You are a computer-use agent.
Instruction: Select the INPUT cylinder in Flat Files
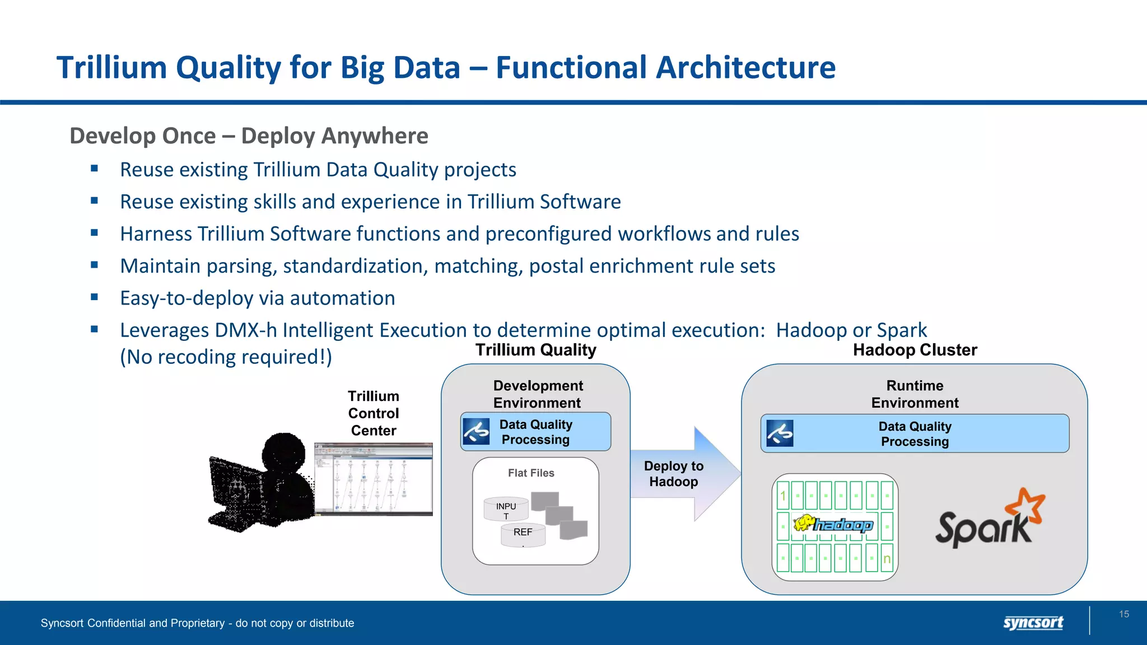coord(506,509)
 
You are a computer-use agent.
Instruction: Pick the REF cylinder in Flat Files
coord(523,534)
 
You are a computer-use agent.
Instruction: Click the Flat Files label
coord(531,473)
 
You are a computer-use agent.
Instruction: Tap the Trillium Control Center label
coord(374,413)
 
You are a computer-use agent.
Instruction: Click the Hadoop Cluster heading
coord(915,350)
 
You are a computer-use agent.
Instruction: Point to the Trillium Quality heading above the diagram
coord(535,350)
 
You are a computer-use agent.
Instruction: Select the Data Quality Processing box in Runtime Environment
coord(915,433)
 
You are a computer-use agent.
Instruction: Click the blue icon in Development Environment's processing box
coord(476,432)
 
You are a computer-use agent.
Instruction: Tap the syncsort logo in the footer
coord(1033,622)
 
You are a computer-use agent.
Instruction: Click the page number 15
coord(1123,614)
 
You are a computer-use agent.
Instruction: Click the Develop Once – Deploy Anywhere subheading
coord(249,136)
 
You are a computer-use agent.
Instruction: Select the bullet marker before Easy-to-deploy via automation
coord(95,297)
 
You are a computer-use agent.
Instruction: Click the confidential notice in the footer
coord(197,623)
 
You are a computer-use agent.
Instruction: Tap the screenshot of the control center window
coord(374,479)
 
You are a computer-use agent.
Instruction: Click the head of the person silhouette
coord(284,454)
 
